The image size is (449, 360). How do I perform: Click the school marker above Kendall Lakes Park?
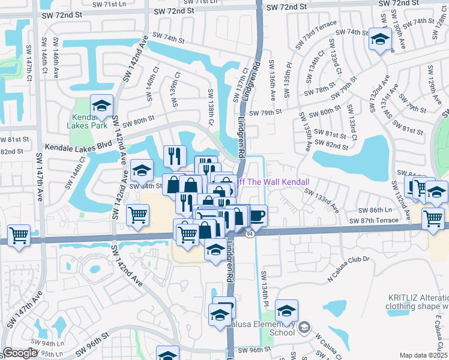(102, 106)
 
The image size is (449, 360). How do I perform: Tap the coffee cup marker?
(256, 215)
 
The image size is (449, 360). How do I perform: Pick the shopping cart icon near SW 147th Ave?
(19, 235)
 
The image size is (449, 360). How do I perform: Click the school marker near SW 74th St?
(379, 40)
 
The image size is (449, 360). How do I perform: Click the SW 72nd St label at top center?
(174, 11)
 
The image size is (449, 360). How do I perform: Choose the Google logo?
(20, 353)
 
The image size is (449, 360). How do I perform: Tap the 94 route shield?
(250, 233)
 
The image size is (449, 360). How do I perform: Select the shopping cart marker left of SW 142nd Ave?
(138, 214)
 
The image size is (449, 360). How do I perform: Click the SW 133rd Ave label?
(322, 200)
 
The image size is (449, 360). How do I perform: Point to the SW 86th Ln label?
(375, 211)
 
